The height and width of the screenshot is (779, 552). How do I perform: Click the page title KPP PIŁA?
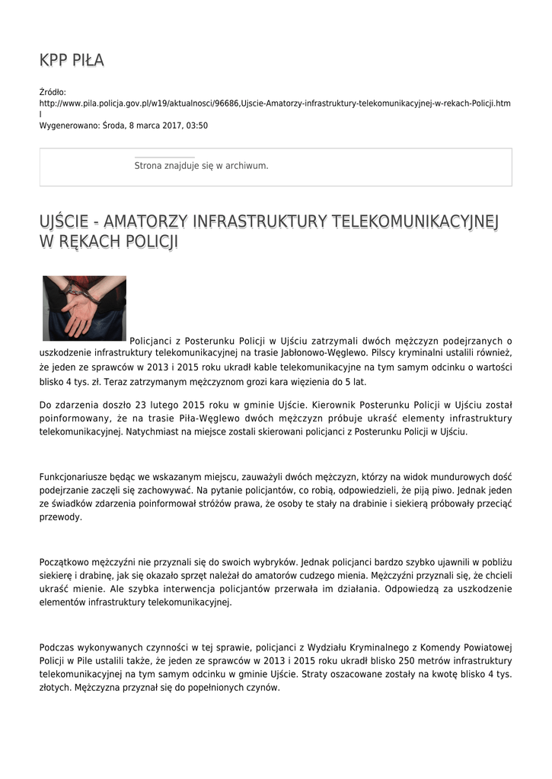[x=72, y=60]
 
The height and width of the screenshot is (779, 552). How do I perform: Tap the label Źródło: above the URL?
[x=53, y=91]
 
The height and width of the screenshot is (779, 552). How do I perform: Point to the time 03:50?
[x=197, y=126]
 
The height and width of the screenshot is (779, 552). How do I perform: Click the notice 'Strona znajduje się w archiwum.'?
[x=201, y=165]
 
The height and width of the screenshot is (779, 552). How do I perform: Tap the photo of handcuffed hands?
[x=85, y=307]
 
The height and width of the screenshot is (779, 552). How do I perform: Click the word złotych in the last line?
[x=55, y=688]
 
